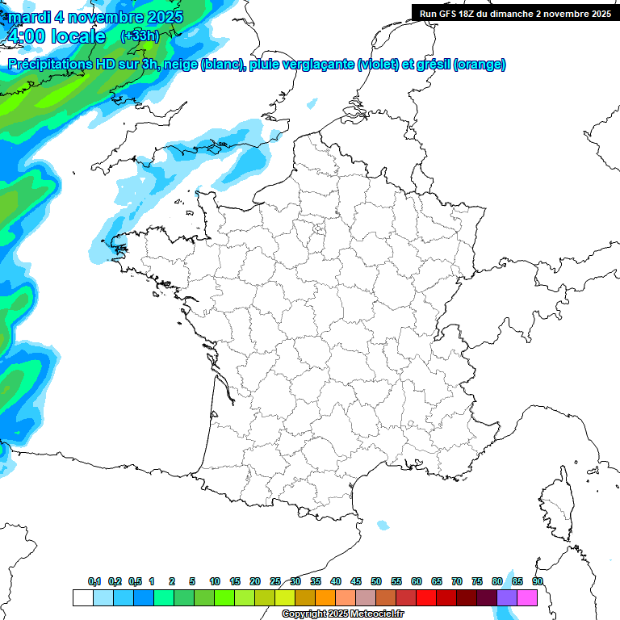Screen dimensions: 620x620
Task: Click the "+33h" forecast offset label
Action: point(139,36)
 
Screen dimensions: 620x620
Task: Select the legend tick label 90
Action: point(538,581)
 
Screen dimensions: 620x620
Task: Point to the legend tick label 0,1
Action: point(94,581)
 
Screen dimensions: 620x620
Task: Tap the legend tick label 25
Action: point(275,581)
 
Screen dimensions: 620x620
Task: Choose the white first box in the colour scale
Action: point(82,597)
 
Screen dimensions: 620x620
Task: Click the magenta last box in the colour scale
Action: point(527,597)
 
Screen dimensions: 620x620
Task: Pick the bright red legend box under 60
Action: point(426,597)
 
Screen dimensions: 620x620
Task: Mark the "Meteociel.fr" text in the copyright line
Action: point(364,614)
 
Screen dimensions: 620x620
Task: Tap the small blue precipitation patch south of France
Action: point(382,526)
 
